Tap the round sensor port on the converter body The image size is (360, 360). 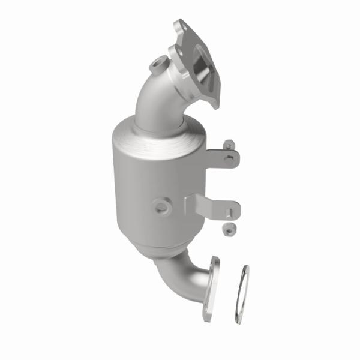(161, 206)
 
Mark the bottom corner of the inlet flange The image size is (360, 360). (213, 103)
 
